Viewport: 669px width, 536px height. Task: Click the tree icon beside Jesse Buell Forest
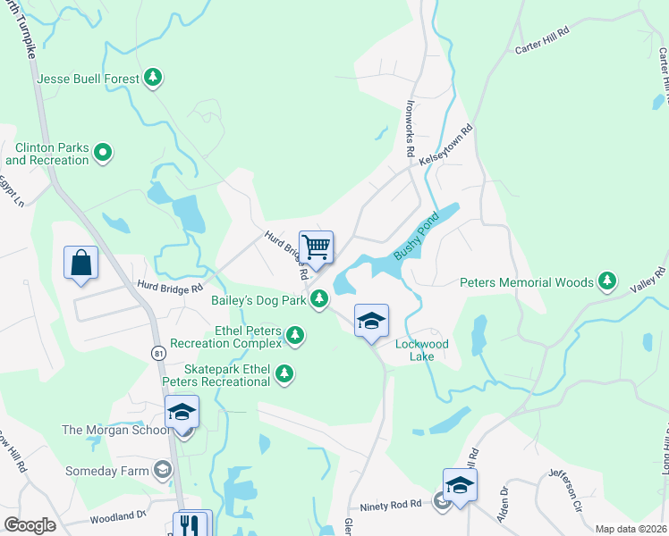[154, 79]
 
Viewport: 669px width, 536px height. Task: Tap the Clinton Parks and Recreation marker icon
[104, 154]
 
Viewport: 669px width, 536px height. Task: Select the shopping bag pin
[80, 264]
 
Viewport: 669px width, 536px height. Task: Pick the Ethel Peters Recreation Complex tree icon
[294, 336]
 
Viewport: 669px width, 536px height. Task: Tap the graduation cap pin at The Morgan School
[182, 413]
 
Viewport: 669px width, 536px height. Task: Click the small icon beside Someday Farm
[162, 468]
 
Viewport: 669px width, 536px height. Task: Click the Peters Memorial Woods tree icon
[607, 282]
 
